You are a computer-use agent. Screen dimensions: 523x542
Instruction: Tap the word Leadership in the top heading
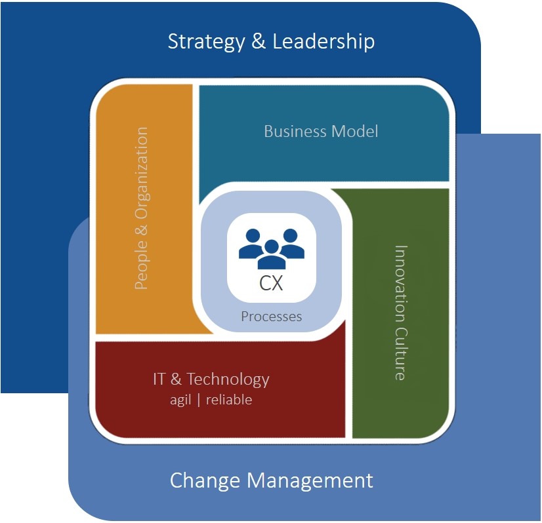point(323,42)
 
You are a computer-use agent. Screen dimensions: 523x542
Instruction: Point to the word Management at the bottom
point(310,480)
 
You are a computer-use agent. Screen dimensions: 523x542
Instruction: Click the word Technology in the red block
point(228,379)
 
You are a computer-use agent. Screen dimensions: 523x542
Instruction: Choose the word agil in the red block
point(180,399)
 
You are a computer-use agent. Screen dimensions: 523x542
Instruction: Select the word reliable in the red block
point(228,399)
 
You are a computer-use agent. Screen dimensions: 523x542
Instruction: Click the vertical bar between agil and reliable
point(198,399)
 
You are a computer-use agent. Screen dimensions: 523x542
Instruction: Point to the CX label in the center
point(271,284)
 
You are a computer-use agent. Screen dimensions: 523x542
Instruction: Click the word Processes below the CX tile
point(271,317)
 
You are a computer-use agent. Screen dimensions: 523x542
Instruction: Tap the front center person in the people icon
point(271,254)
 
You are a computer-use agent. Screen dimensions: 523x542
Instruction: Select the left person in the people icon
point(250,243)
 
